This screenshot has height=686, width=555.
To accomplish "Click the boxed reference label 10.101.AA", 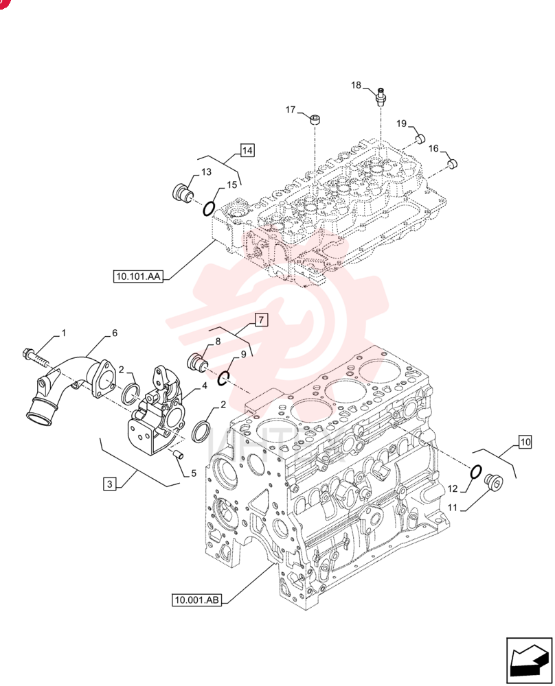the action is click(138, 276).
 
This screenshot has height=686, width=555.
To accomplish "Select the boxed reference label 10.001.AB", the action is click(196, 600).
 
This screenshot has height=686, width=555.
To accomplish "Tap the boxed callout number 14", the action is click(247, 150).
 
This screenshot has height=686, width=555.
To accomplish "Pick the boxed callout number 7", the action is click(261, 320).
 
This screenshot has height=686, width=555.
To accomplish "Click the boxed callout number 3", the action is click(110, 484).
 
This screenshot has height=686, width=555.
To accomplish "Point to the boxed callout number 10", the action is click(525, 442).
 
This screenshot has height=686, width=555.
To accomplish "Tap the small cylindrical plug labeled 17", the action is click(315, 119).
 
